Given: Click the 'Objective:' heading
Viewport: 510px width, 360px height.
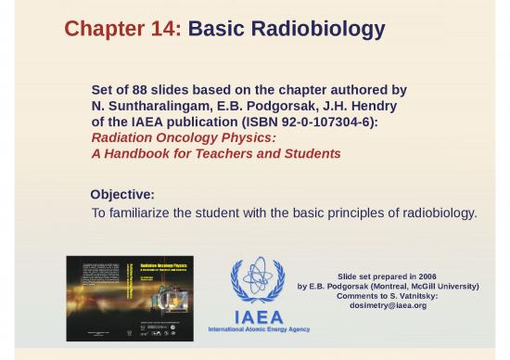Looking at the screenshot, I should click(x=121, y=195).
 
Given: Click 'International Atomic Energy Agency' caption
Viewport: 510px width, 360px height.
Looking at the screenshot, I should click(x=259, y=329).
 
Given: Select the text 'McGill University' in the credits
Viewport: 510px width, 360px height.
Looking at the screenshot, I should click(x=443, y=286).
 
